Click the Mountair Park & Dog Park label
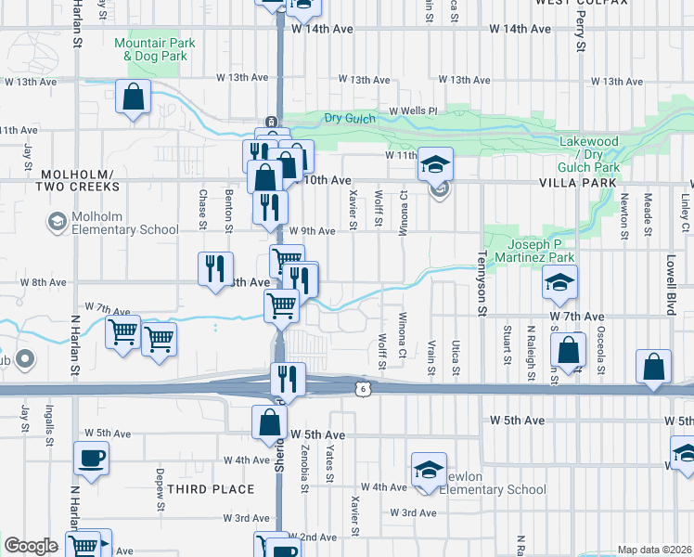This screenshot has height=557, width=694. point(156,49)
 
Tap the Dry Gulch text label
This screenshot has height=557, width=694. point(346,117)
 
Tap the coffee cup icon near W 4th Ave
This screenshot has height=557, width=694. point(92,459)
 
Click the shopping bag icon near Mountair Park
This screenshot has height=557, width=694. point(134,96)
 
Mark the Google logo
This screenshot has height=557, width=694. point(31,546)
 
